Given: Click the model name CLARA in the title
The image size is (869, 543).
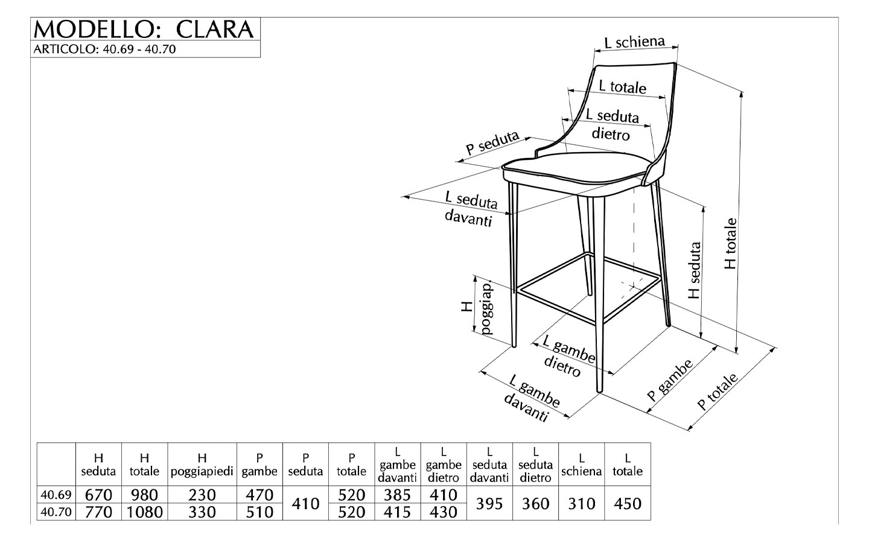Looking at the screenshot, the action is pos(215,29).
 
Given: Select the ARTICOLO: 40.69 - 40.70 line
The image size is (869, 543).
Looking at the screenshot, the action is pos(105,49).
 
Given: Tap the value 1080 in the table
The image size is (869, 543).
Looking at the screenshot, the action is pos(145,512).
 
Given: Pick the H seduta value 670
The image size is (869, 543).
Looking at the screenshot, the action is pos(98,495).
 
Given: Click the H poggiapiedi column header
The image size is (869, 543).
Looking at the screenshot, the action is pos(202,465).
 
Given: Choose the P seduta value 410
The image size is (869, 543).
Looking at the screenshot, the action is pos(306,503).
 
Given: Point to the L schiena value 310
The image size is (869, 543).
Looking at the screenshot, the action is pos(582,503).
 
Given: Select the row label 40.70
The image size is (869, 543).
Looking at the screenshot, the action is pos(56,512).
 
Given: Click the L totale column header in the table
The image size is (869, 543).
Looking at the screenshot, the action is pos(628,465).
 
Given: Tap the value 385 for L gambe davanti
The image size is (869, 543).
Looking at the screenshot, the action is pos(398,495).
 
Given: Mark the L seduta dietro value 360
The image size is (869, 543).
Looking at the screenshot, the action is pos(535,503).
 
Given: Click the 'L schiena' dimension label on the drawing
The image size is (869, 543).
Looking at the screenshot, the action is pos(635,42).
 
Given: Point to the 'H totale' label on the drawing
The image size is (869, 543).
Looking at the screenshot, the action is pos(730,244).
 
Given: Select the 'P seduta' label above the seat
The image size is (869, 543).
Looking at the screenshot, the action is pos(492,143).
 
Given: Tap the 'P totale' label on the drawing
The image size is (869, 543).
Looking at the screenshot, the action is pos(718,392).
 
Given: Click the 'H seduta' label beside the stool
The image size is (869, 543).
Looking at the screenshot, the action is pos(695,270).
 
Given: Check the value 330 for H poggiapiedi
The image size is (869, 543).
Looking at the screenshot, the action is pos(202,512).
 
